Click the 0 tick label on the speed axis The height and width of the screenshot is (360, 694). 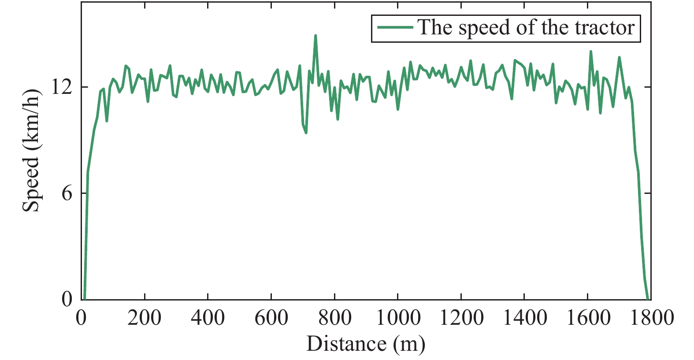click(x=67, y=299)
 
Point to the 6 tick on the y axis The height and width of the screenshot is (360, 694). click(x=67, y=193)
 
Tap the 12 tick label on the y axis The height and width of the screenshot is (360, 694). click(x=61, y=87)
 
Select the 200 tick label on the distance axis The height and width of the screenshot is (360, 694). click(x=145, y=318)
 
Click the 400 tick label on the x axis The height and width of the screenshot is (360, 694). click(x=208, y=318)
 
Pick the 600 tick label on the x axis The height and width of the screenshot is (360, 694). click(x=271, y=318)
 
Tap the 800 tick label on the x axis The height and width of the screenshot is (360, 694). click(x=334, y=318)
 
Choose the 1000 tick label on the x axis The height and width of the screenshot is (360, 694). click(x=398, y=318)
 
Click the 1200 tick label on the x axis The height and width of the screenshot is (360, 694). click(x=461, y=318)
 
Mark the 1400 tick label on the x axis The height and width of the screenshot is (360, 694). click(x=524, y=318)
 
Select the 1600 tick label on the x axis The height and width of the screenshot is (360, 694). click(x=588, y=318)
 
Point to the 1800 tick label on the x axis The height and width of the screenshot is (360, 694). click(x=651, y=318)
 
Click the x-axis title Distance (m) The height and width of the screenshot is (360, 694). click(x=366, y=344)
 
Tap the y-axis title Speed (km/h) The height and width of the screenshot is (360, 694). click(x=31, y=150)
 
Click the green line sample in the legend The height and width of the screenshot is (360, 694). click(x=395, y=28)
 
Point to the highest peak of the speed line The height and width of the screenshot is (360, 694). click(x=315, y=35)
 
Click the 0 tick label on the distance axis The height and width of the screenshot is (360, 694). click(x=81, y=318)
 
